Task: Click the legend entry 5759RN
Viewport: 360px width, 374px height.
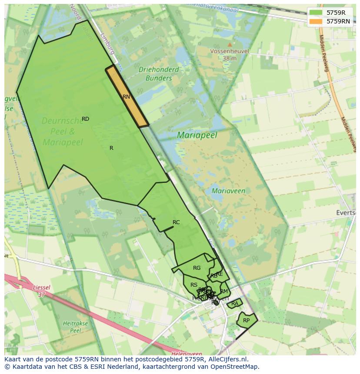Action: click(338, 21)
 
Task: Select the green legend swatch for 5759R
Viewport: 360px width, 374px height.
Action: click(316, 13)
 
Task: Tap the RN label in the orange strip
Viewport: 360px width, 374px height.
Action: click(126, 97)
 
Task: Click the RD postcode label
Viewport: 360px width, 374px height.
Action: click(85, 119)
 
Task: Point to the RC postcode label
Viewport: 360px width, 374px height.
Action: click(176, 222)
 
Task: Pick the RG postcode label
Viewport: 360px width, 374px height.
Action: click(197, 268)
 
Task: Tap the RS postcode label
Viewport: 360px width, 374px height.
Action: click(194, 285)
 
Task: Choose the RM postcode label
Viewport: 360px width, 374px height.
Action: click(224, 291)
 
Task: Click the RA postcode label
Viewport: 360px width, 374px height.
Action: click(235, 303)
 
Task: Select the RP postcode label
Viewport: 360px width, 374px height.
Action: click(247, 321)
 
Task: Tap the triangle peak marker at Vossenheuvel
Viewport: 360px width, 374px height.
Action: click(230, 44)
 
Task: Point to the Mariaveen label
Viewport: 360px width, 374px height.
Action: click(228, 191)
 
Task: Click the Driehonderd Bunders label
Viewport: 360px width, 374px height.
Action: click(159, 74)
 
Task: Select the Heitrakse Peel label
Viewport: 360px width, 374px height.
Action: click(76, 327)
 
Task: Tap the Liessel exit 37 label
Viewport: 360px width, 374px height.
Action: click(41, 291)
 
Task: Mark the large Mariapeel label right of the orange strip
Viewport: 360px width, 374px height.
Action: click(197, 136)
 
